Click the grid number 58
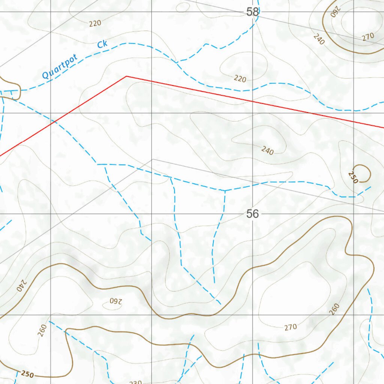coord(253,12)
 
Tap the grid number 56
coord(253,214)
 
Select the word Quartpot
coord(60,66)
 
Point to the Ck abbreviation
coord(102,45)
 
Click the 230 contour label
coord(135,382)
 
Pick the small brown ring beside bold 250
coord(362,173)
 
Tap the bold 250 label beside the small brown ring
coord(353,177)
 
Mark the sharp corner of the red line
coord(127,76)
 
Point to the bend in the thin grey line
coord(152,159)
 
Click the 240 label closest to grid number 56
coord(267,151)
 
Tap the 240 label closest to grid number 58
coord(318,39)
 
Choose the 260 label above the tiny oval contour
coord(42,330)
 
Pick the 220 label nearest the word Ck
coord(95,23)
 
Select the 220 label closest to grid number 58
coord(240,79)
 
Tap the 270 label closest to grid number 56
coord(291,327)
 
